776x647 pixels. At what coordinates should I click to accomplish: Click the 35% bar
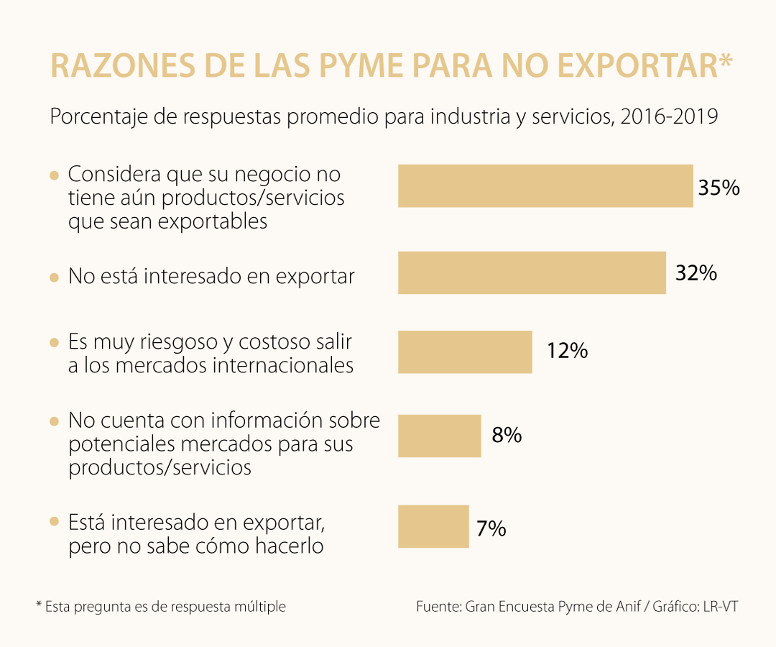click(545, 186)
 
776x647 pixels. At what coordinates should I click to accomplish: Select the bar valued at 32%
click(532, 272)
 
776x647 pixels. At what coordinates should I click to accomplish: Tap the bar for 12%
click(465, 352)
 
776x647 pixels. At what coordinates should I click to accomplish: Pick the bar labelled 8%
click(439, 436)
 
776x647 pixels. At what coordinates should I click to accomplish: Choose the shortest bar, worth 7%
click(433, 526)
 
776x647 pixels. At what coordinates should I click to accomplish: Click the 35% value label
click(719, 188)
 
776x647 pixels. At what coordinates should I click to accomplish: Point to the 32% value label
click(696, 273)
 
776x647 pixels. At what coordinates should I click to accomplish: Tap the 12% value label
click(567, 352)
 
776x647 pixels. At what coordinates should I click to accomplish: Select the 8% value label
click(507, 436)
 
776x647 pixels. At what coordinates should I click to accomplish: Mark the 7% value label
click(491, 529)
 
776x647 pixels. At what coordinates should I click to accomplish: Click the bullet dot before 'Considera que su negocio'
click(54, 175)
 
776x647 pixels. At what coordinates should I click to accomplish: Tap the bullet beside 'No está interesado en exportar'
click(54, 277)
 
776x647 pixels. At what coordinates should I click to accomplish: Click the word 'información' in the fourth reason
click(262, 420)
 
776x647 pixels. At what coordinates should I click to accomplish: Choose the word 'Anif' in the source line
click(627, 607)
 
